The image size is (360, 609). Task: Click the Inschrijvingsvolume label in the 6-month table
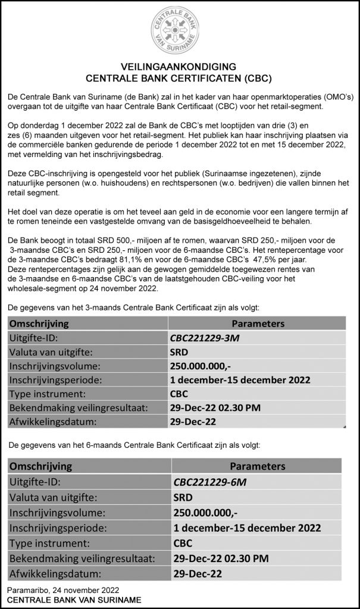click(54, 512)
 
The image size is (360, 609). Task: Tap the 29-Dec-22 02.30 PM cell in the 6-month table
click(219, 558)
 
